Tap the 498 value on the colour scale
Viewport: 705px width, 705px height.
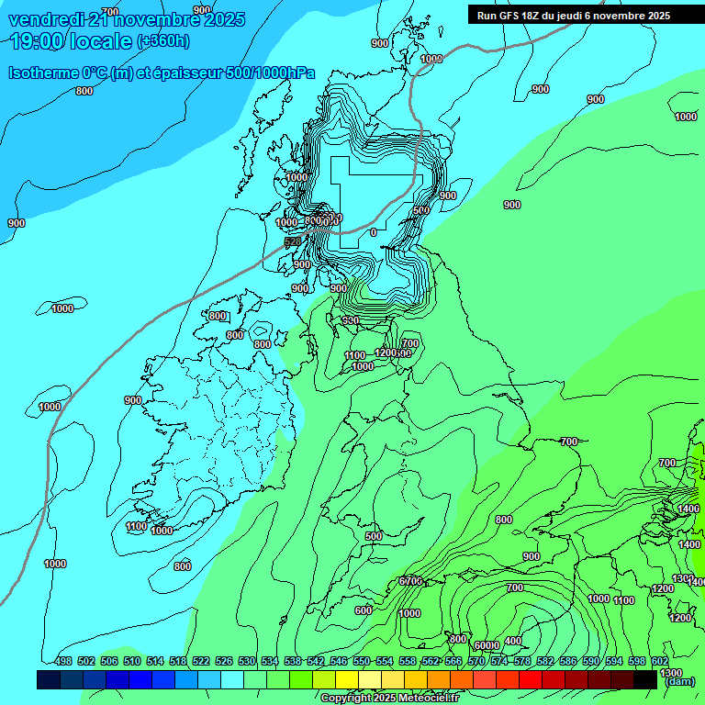coord(63,661)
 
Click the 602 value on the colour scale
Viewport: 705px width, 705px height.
coord(660,661)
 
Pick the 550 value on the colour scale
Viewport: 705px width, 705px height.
coord(362,661)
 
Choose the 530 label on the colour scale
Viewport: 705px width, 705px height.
coord(247,661)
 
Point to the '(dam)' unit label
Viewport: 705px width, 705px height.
coord(678,681)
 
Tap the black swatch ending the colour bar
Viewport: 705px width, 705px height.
coord(669,679)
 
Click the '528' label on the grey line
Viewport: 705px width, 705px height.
coord(293,241)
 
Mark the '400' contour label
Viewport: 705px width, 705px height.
coord(513,641)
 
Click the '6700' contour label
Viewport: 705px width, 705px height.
coord(410,581)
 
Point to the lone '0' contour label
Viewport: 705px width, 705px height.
coord(373,232)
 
